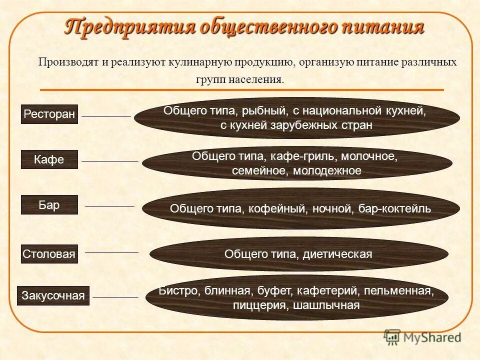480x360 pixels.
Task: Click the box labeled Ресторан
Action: [x=49, y=114]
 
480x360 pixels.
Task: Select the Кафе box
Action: [x=49, y=159]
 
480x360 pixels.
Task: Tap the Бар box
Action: [x=49, y=205]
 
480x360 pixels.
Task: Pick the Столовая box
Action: [x=49, y=254]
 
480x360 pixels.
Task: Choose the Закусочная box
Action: [x=53, y=295]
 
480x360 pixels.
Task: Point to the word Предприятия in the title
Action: [x=129, y=26]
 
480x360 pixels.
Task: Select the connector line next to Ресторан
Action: [x=106, y=116]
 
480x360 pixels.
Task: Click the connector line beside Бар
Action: [x=110, y=206]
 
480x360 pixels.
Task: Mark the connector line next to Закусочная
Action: [x=115, y=297]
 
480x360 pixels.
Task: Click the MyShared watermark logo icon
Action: [x=392, y=337]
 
